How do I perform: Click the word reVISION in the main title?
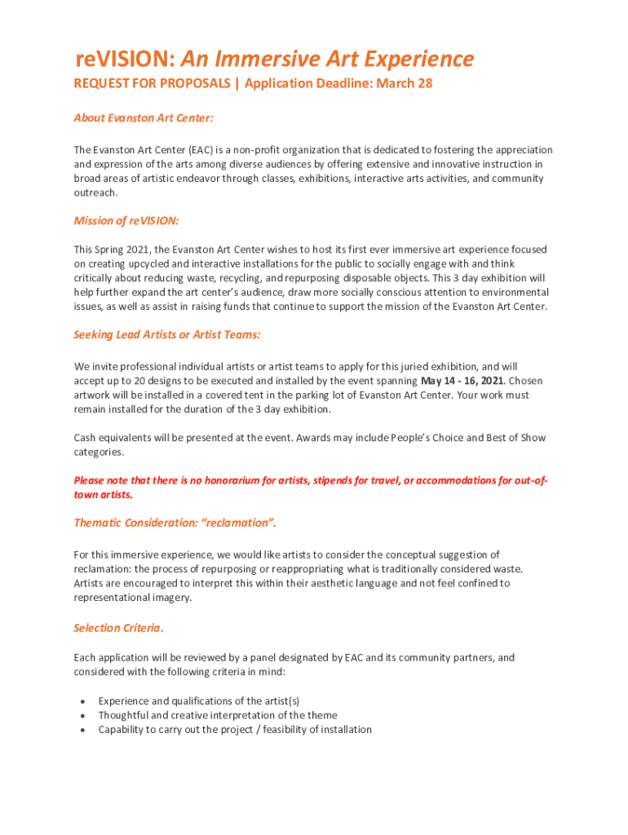[123, 59]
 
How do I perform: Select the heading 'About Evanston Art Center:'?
[144, 118]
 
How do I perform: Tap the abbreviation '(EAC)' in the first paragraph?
[202, 150]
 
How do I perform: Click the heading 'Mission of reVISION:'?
[126, 221]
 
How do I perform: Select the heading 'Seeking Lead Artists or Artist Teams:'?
[167, 334]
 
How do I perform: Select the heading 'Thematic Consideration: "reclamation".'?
[180, 522]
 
